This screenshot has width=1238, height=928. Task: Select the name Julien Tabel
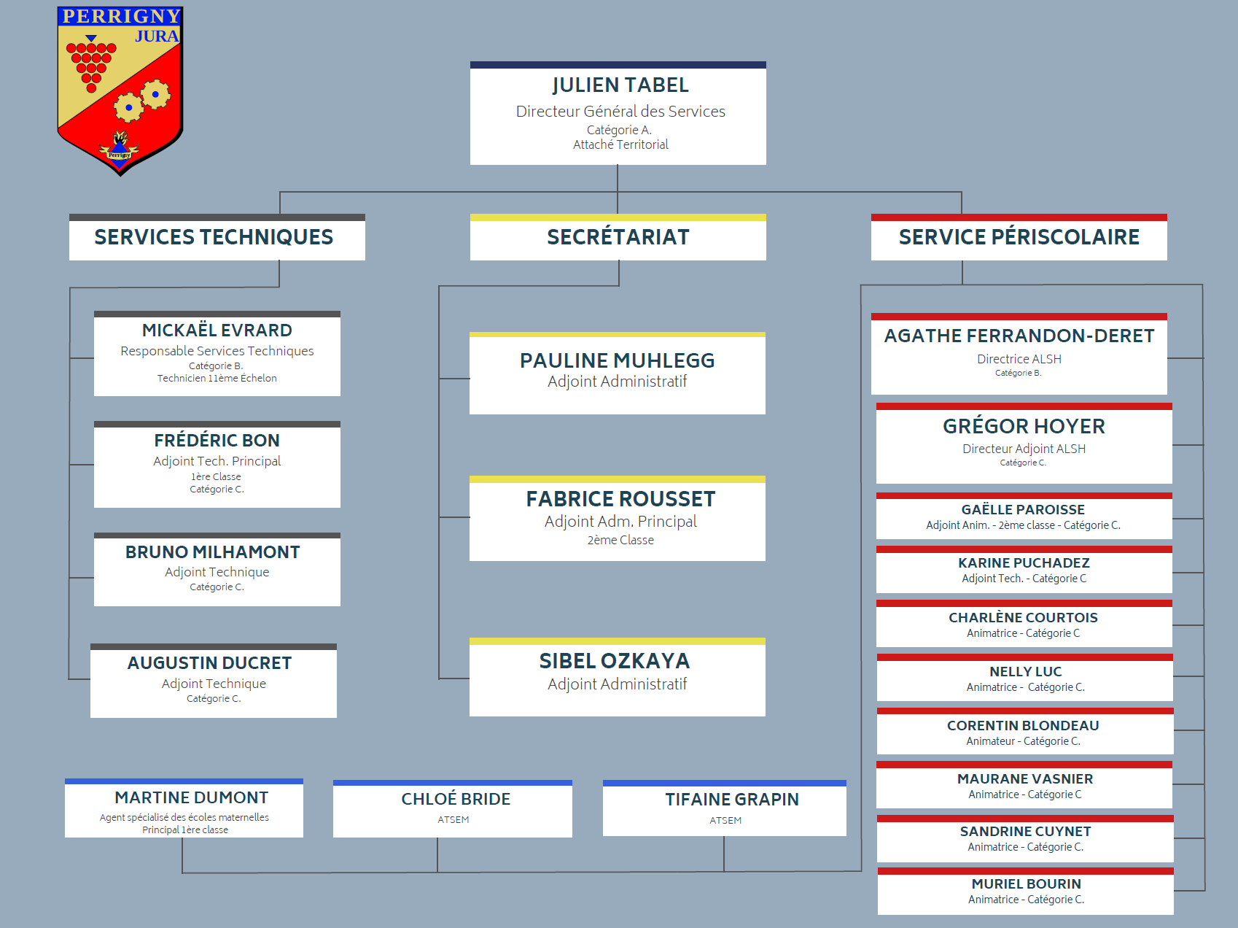tap(620, 85)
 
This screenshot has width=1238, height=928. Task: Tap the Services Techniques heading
tap(214, 237)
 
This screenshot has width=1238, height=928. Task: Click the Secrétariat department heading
tap(618, 237)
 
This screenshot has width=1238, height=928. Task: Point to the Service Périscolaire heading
tap(1019, 237)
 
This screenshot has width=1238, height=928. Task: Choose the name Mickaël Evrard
tap(217, 330)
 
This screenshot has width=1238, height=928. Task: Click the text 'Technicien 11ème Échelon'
tap(217, 378)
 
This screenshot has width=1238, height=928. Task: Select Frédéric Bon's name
tap(217, 441)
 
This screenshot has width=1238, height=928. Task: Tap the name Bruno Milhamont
tap(212, 552)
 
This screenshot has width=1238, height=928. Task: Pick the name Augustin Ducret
tap(210, 663)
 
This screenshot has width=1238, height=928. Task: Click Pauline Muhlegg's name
tap(618, 360)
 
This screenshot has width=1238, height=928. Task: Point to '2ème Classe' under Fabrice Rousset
tap(620, 540)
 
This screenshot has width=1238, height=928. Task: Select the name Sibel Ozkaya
tap(615, 661)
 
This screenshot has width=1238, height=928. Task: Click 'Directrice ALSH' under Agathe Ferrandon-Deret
tap(1019, 359)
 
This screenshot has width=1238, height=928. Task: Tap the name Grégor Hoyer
tap(1024, 426)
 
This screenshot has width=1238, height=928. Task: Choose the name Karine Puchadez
tap(1024, 563)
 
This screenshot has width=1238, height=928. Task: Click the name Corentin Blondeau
tap(1023, 726)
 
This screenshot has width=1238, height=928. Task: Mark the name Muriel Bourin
tap(1026, 884)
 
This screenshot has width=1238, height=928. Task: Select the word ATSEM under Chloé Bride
tap(453, 820)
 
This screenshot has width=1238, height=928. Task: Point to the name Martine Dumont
tap(192, 798)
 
